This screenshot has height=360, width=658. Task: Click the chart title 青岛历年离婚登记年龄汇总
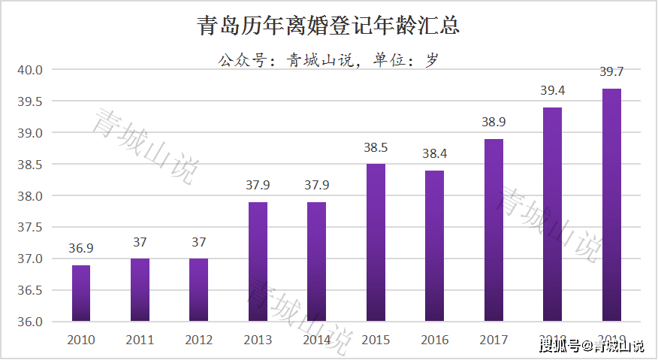point(328,26)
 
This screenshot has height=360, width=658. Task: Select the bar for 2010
point(81,293)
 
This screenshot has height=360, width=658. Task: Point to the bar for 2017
point(493,230)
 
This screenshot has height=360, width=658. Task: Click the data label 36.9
point(81,249)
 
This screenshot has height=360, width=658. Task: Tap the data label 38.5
point(376,148)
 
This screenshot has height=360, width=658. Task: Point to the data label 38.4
point(434,154)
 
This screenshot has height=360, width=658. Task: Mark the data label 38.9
point(493,123)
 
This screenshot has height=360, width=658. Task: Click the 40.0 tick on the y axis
point(30,71)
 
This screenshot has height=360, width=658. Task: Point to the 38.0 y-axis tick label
point(30,196)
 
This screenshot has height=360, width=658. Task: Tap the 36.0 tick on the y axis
point(30,322)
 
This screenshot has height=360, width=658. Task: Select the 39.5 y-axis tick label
point(30,102)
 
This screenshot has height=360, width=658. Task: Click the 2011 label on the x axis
point(140,340)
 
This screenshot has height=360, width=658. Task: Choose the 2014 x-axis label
point(317,340)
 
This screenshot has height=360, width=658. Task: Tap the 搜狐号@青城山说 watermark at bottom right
point(591,346)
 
